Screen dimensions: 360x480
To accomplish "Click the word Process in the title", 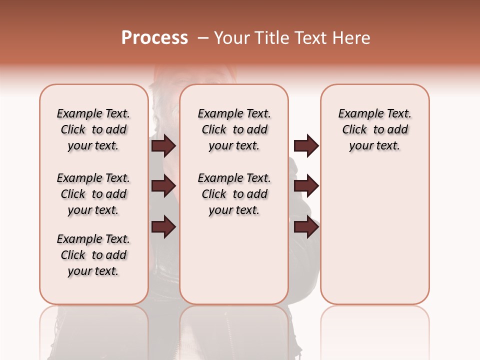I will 154,38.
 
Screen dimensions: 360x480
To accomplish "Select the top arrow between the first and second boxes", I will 163,145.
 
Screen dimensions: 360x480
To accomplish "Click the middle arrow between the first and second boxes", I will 163,186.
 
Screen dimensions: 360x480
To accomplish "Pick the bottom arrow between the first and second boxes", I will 163,227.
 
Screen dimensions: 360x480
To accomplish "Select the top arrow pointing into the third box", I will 306,145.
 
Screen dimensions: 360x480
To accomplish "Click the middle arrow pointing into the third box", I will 306,186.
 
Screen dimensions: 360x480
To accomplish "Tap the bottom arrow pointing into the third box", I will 306,227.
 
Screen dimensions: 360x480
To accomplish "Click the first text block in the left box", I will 93,129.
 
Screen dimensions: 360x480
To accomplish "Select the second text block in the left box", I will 93,194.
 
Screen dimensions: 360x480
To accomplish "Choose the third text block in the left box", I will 93,255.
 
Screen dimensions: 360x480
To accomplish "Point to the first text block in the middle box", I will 234,129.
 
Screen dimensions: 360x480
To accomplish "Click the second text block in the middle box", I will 234,194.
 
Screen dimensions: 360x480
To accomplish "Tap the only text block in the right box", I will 374,129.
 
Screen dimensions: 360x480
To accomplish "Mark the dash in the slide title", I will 203,38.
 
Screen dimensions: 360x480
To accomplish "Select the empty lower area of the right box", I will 374,235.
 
